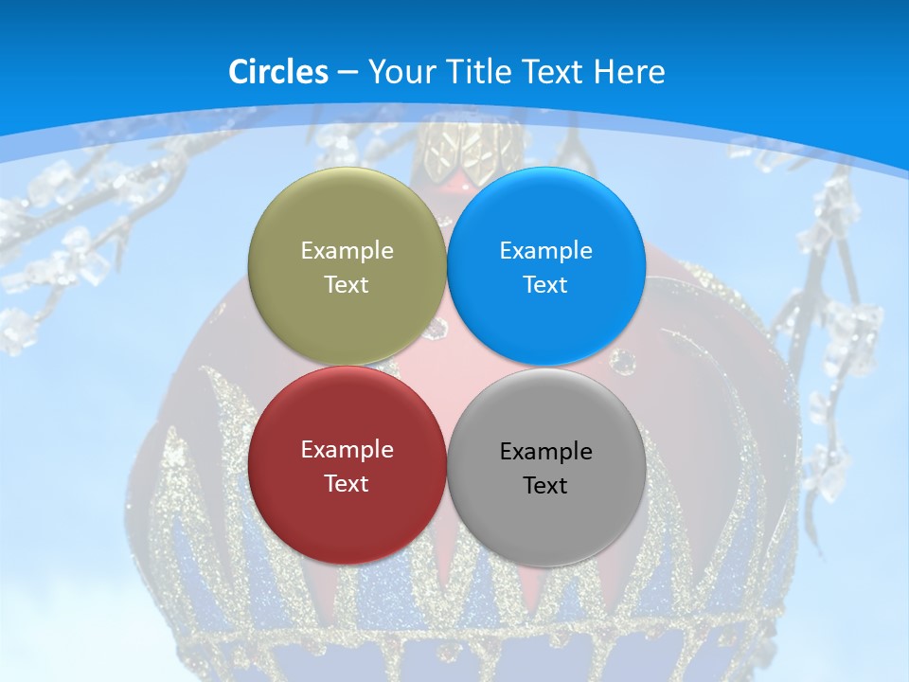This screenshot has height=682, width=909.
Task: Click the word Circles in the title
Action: [277, 72]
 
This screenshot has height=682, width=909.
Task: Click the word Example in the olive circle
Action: [347, 250]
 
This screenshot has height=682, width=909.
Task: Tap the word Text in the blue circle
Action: [545, 284]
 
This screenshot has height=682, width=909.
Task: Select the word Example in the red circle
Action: [347, 449]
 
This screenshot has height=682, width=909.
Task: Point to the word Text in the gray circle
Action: [545, 485]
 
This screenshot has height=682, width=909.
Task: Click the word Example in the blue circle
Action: [545, 250]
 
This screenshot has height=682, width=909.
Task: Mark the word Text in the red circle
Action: [347, 483]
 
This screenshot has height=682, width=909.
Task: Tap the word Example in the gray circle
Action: [545, 451]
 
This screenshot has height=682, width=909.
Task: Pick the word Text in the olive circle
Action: [347, 284]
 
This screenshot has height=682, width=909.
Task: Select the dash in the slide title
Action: [348, 73]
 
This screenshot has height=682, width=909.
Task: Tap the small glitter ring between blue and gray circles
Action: [623, 361]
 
